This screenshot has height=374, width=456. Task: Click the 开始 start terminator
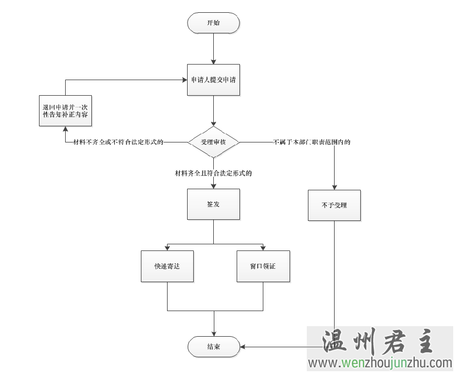(x=214, y=23)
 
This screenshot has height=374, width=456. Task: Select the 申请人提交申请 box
(x=214, y=80)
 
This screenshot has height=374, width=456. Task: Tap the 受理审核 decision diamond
(x=214, y=142)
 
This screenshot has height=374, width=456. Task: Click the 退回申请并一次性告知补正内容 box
(x=65, y=109)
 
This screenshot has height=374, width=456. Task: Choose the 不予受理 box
(x=334, y=205)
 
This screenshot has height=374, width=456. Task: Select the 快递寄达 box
(x=167, y=266)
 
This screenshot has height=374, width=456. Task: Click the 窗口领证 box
(x=263, y=266)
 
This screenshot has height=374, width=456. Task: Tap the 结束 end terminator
(x=214, y=346)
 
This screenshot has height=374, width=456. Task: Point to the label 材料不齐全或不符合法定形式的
(x=118, y=142)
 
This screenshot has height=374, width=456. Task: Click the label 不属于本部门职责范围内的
(x=312, y=142)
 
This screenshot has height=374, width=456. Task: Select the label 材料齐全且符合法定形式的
(x=214, y=174)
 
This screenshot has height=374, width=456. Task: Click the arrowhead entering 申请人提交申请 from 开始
(x=214, y=61)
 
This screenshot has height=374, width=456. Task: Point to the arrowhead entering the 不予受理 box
(x=334, y=187)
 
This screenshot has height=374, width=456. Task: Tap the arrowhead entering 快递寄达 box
(x=167, y=248)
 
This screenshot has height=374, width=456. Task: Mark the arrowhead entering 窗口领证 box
(x=263, y=248)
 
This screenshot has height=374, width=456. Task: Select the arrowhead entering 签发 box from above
(x=214, y=185)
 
